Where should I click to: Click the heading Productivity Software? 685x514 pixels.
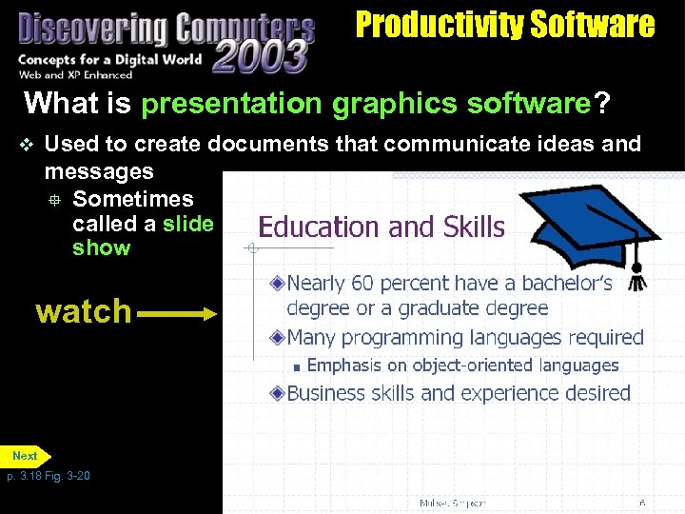pos(504,24)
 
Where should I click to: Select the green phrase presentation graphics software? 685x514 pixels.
pos(366,103)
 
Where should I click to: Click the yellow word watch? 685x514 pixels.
pos(84,311)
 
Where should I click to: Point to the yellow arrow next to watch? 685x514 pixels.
pos(182,311)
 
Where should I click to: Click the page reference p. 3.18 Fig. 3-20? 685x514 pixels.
pos(49,476)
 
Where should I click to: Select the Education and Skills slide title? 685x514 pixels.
pos(382,227)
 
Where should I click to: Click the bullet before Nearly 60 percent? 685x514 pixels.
pos(277,283)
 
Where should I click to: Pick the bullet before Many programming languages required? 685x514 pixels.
pos(277,338)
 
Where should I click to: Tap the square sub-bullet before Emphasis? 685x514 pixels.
pos(297,366)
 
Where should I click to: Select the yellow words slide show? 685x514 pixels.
pos(143,236)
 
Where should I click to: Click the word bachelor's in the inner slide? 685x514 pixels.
pos(564,283)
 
